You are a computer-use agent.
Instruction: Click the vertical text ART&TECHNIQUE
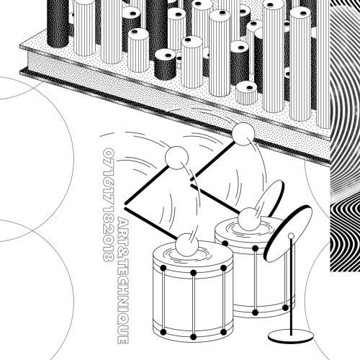click(123, 280)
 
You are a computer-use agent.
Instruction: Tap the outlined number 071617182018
click(108, 205)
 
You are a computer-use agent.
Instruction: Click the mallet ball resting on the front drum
click(187, 245)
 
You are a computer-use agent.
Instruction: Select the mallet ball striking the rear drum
click(249, 219)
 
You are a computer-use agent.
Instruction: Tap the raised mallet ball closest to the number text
click(176, 158)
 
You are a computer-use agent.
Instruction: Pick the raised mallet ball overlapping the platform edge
click(243, 134)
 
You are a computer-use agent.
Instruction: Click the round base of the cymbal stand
click(291, 336)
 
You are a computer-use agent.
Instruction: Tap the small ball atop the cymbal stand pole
click(291, 235)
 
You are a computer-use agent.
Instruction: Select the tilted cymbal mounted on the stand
click(288, 233)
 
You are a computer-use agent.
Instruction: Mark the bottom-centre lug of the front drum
click(194, 337)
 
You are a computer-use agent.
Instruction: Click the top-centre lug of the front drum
click(194, 273)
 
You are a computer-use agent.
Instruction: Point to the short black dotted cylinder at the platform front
click(165, 64)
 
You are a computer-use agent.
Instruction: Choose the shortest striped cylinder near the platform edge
click(247, 93)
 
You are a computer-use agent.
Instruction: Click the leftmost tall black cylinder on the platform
click(58, 24)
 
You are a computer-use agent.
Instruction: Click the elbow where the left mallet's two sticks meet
click(125, 204)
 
